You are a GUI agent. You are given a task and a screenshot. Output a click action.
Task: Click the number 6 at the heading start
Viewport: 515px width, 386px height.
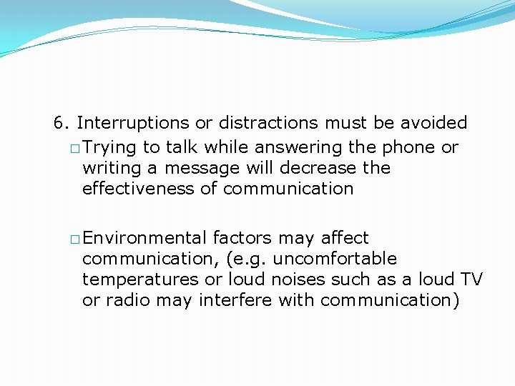tap(59, 123)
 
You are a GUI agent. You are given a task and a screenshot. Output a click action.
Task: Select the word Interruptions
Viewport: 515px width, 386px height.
tap(133, 123)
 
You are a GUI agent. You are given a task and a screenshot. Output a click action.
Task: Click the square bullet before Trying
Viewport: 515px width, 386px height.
tap(75, 149)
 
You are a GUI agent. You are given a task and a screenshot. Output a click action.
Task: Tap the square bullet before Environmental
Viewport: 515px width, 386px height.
tap(75, 239)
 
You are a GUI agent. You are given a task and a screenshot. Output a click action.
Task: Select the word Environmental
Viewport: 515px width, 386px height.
tap(145, 237)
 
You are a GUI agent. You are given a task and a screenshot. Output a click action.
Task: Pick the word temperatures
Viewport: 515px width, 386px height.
tap(139, 279)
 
